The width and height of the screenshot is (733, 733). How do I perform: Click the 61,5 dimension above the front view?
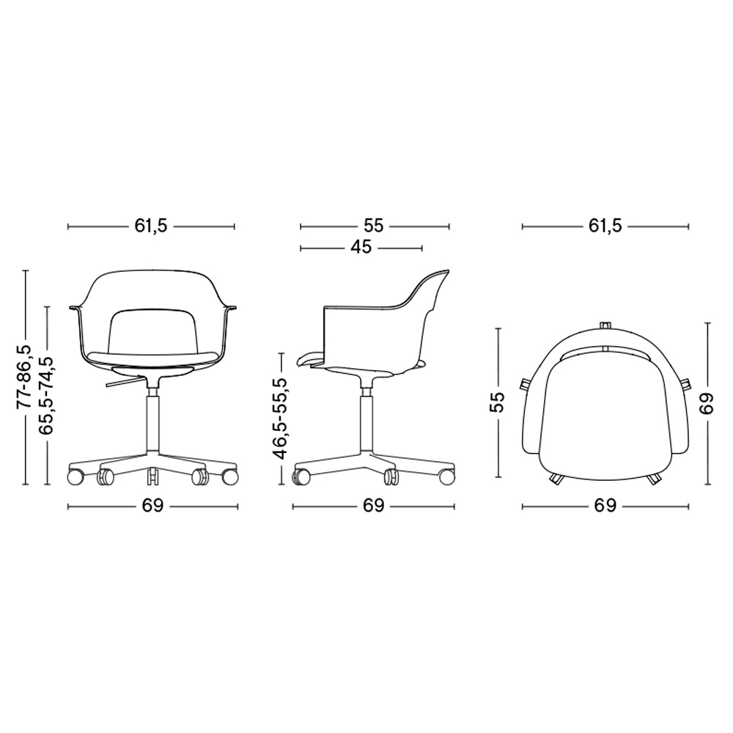tap(151, 226)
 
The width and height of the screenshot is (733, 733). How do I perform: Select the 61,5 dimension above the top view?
tap(605, 226)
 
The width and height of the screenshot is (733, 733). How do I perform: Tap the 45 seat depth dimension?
tap(361, 247)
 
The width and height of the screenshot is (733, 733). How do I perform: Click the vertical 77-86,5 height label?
tap(25, 377)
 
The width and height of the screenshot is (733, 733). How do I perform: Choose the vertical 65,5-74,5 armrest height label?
tap(46, 396)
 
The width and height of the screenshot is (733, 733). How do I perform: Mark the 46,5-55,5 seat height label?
tap(281, 418)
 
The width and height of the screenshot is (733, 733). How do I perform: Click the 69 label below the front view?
tap(153, 506)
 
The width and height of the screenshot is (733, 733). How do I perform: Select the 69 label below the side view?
tap(372, 506)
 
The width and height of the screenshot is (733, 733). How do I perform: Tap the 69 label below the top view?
tap(605, 506)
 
